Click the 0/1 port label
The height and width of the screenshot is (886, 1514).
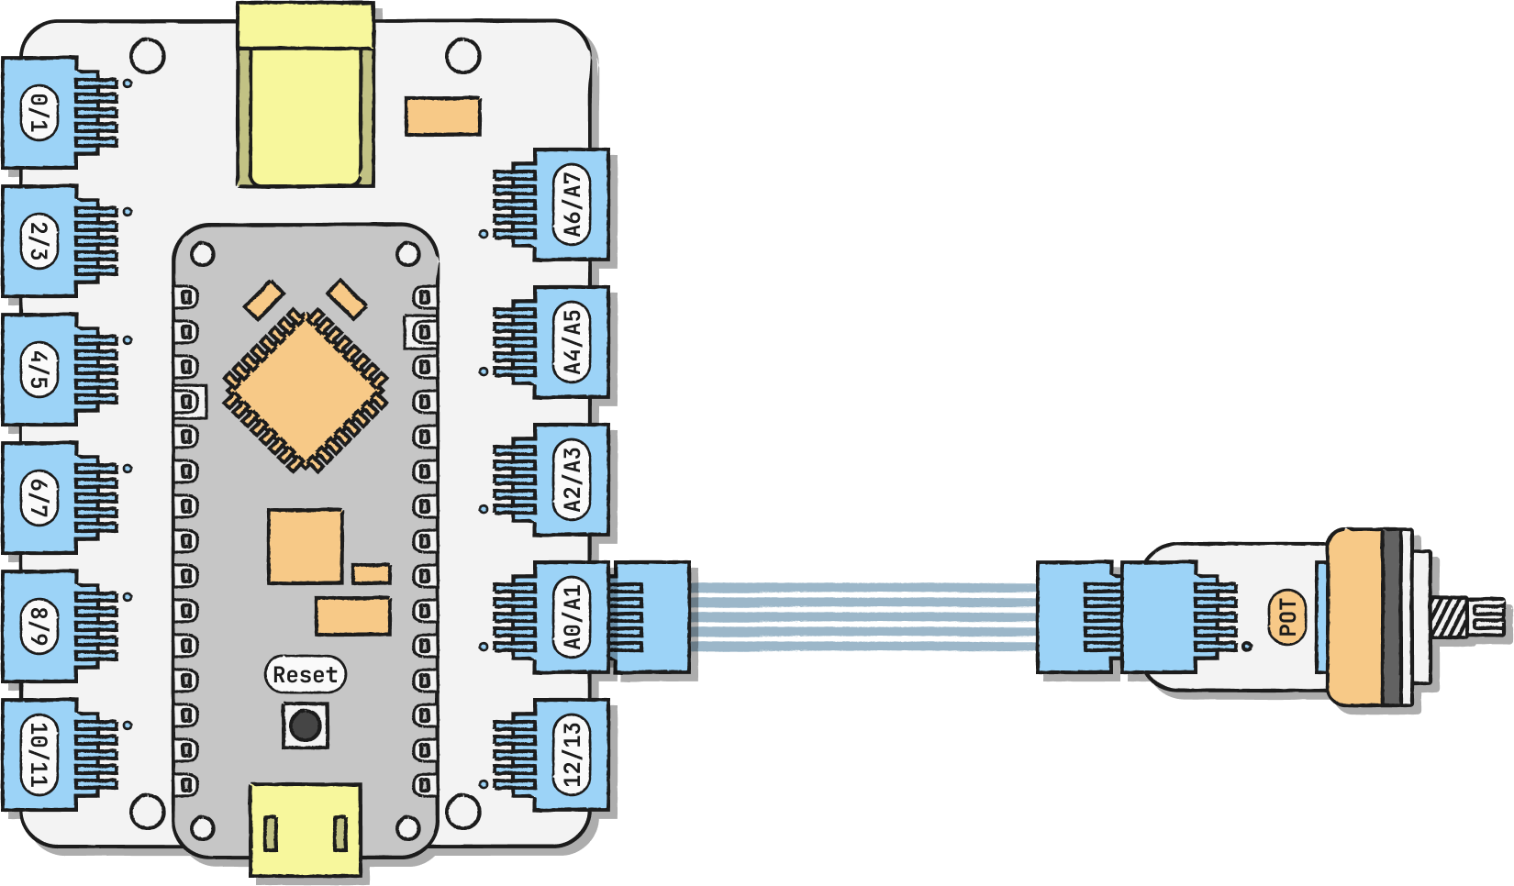click(x=39, y=114)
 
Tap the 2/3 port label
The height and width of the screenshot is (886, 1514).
click(x=39, y=242)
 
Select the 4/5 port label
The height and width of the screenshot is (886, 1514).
click(x=39, y=371)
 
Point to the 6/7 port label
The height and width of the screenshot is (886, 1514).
click(x=39, y=499)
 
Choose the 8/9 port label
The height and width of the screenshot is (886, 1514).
click(x=39, y=627)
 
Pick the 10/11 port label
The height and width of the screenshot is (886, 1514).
click(x=39, y=756)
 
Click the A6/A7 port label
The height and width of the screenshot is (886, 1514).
click(x=572, y=205)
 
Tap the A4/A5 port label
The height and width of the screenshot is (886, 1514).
click(x=572, y=343)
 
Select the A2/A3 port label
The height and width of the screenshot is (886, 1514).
click(x=572, y=480)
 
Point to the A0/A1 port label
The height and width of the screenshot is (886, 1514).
click(x=572, y=617)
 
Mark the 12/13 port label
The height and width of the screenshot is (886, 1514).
click(x=572, y=755)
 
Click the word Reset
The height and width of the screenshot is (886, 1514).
click(x=305, y=675)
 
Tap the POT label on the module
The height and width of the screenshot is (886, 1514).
click(x=1287, y=616)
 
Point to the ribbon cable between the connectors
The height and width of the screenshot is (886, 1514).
click(x=863, y=617)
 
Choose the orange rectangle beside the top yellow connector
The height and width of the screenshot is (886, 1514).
click(x=443, y=116)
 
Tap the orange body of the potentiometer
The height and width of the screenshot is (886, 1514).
click(x=1354, y=616)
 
